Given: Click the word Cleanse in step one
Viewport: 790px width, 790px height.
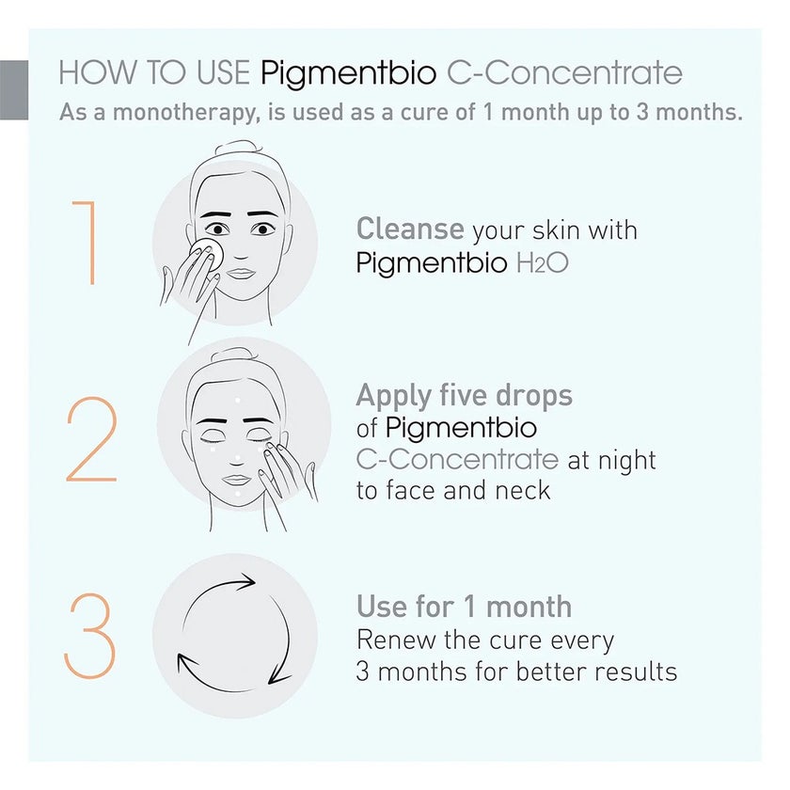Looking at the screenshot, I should point(410,229).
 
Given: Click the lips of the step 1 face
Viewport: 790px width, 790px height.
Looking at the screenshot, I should point(242,273).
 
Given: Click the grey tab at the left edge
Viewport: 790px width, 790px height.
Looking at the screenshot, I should point(13,89).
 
